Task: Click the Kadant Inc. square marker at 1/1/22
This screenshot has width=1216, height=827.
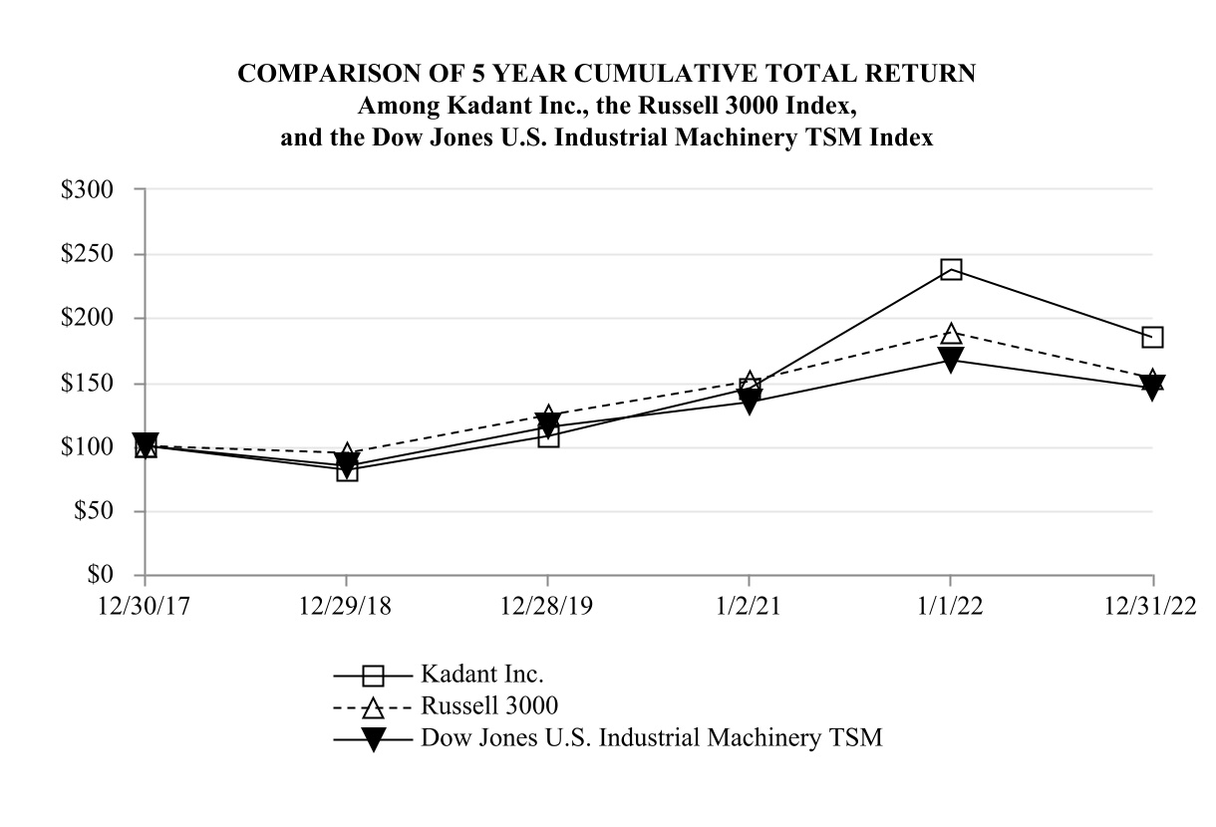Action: coord(951,270)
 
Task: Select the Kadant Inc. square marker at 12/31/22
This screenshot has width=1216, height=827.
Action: coord(1152,337)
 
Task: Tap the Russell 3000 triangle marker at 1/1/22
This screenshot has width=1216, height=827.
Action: coord(951,333)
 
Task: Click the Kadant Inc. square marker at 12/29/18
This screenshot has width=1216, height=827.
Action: coord(347,470)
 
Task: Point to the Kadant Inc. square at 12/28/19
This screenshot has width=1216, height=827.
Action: coord(548,436)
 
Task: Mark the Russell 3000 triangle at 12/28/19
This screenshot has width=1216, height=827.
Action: coord(548,415)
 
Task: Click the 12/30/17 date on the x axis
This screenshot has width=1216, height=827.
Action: coord(146,608)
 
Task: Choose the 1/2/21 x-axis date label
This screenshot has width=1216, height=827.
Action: coord(750,608)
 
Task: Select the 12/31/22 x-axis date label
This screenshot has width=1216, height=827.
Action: coord(1152,608)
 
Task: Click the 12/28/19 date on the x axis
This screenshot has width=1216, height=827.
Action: coord(548,608)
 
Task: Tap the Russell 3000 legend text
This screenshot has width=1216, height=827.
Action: coord(489,705)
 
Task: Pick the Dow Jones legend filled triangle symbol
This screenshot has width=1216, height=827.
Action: coord(373,739)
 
